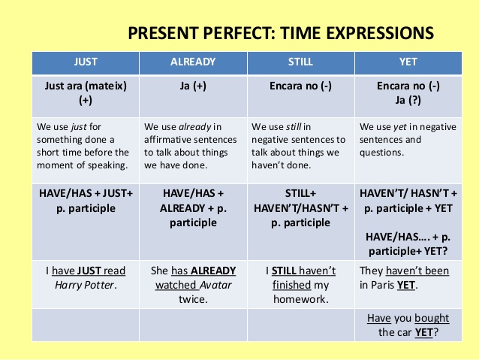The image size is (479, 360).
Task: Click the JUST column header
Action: click(86, 62)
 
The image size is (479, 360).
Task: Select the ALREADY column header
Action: click(193, 62)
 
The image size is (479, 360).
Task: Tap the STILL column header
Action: click(300, 62)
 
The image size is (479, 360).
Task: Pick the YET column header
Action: click(408, 62)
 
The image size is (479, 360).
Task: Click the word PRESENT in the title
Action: click(160, 33)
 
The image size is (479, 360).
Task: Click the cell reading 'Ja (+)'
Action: click(193, 86)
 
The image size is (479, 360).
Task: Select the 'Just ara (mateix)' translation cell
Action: click(86, 86)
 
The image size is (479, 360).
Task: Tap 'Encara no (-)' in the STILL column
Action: click(300, 86)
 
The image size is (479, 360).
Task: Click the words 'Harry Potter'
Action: click(86, 285)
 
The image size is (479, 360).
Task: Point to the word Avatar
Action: click(215, 285)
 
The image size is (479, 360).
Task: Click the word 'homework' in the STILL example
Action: click(300, 298)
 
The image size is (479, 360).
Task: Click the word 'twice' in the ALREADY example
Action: click(193, 298)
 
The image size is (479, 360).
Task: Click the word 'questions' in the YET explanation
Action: click(383, 152)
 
